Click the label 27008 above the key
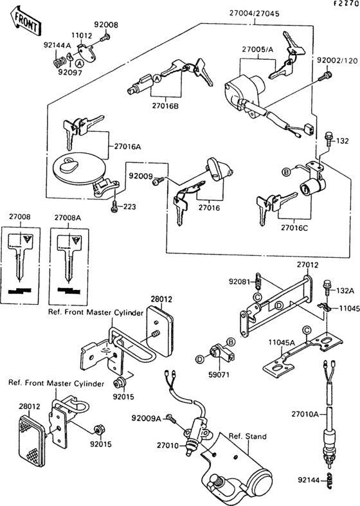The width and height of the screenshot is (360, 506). point(19,218)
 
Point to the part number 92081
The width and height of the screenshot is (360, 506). point(239,280)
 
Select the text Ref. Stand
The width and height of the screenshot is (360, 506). point(249,436)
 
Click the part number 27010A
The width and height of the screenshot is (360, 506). point(306,415)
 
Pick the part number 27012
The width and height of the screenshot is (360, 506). point(307,264)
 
